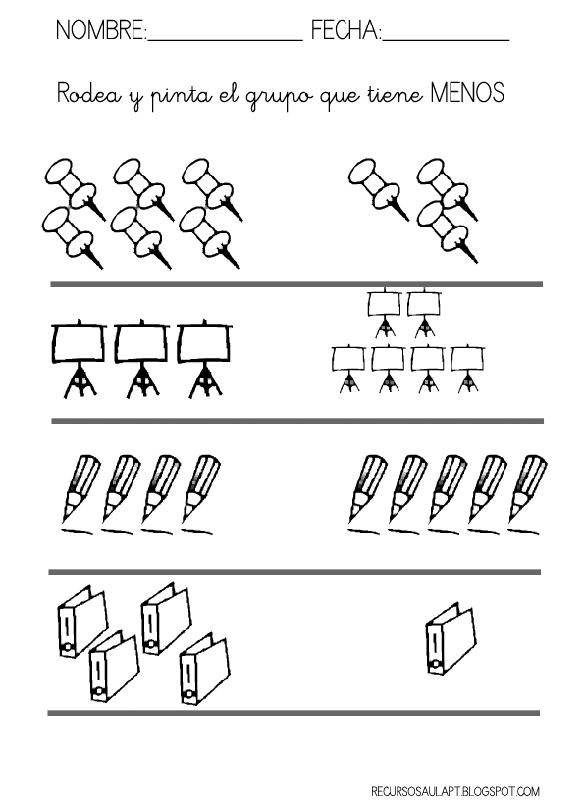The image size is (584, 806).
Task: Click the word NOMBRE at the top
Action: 100,30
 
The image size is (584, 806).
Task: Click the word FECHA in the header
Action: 345,30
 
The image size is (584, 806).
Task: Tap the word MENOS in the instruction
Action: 467,93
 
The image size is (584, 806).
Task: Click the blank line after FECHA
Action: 446,39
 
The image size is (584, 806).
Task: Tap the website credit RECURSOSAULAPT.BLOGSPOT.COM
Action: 455,791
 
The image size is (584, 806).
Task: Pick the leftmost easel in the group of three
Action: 80,359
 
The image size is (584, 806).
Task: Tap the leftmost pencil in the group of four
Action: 80,494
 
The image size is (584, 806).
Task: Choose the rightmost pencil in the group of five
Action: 527,494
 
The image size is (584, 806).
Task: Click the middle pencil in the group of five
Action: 448,494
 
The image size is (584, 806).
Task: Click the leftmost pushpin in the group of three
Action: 379,187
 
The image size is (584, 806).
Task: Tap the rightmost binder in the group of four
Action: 204,671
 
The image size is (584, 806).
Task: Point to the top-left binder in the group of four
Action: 82,621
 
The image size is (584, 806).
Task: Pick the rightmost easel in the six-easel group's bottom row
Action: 467,368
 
